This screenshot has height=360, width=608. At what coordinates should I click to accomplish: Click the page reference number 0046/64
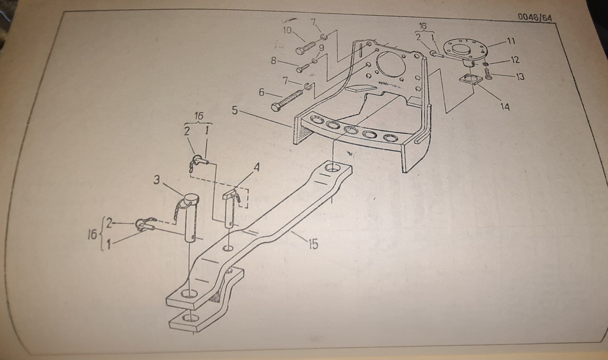click(x=534, y=17)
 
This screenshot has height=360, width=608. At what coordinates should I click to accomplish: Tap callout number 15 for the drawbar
click(x=313, y=244)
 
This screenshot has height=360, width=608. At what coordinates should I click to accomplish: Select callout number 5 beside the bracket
click(x=235, y=111)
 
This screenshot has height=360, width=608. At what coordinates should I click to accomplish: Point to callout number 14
click(x=505, y=107)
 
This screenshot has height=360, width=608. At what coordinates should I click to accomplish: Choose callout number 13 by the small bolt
click(x=520, y=77)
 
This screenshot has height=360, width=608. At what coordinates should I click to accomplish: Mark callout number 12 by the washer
click(x=515, y=60)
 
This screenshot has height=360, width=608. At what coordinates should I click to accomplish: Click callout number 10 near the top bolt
click(x=287, y=30)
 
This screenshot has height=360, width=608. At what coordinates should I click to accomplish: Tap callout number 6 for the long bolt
click(x=261, y=93)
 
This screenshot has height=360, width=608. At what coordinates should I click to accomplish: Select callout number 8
click(x=273, y=60)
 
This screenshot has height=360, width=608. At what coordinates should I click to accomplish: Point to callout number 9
click(x=322, y=48)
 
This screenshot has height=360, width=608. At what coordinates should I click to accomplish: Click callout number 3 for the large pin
click(x=157, y=180)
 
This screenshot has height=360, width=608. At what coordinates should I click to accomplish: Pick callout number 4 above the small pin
click(x=256, y=167)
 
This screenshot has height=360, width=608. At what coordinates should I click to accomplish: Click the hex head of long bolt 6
click(x=276, y=107)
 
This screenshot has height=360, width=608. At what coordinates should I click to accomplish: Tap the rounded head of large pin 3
click(x=191, y=199)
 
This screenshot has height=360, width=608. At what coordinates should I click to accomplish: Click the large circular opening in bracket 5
click(x=390, y=65)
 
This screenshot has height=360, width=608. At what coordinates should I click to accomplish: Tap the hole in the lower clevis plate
click(x=190, y=318)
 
